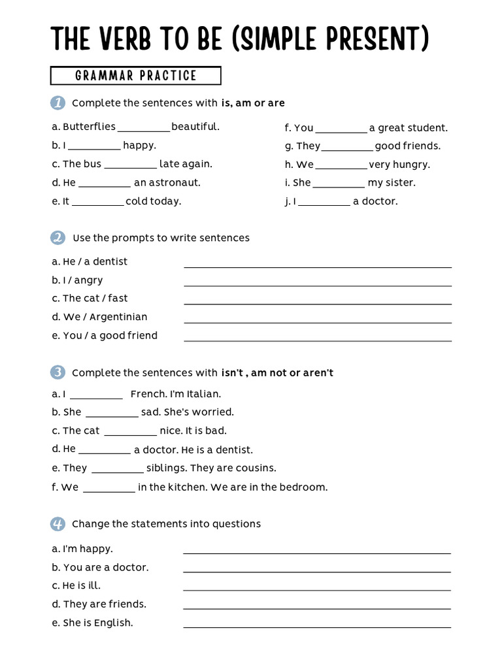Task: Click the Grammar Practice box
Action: point(135,76)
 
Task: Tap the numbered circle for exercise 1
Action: point(58,103)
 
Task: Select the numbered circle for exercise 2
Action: point(58,238)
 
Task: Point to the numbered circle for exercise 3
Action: point(58,372)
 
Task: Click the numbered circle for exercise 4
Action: point(58,523)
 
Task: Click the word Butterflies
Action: point(89,127)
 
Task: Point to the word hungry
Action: point(413,165)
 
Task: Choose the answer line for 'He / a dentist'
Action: point(318,266)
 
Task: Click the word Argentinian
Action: point(118,317)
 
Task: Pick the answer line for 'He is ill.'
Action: point(317,589)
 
